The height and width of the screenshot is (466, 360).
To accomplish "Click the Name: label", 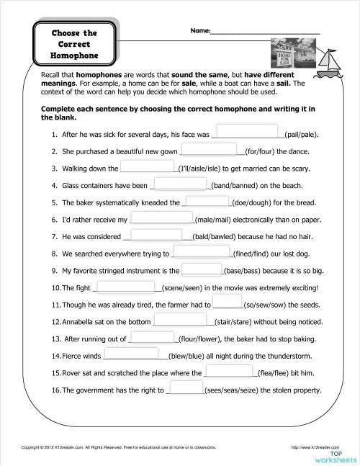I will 201,32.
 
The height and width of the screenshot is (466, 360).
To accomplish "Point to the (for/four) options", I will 266,152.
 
